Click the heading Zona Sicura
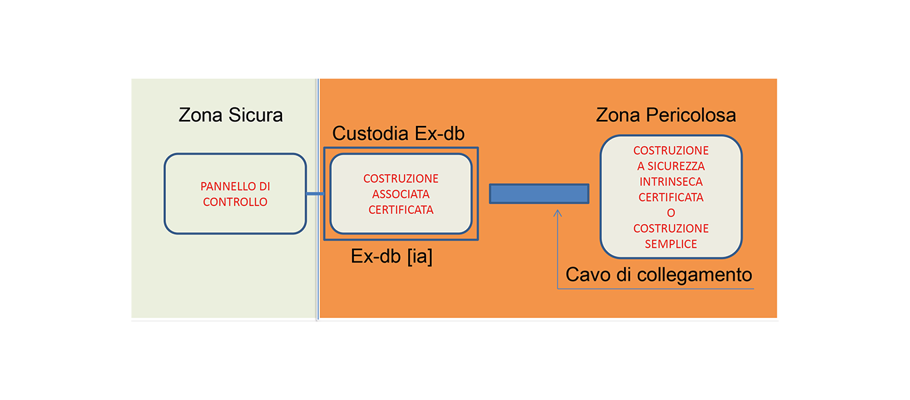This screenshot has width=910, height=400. click(231, 115)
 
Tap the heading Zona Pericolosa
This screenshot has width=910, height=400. click(666, 115)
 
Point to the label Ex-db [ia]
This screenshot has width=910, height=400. click(391, 257)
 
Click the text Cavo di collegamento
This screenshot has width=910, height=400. click(659, 274)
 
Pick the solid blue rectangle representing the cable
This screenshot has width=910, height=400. click(539, 193)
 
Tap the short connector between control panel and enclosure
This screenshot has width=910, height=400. click(315, 194)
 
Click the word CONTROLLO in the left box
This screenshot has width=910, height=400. click(235, 202)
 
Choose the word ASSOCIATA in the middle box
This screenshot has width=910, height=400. click(401, 194)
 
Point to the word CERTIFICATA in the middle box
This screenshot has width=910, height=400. click(401, 209)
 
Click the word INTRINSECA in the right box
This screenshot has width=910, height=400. click(671, 181)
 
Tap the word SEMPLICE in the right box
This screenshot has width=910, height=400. click(671, 244)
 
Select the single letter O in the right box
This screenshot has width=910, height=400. click(671, 213)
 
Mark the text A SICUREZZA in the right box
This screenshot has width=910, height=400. click(671, 166)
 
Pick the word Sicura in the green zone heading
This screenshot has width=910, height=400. click(257, 115)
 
